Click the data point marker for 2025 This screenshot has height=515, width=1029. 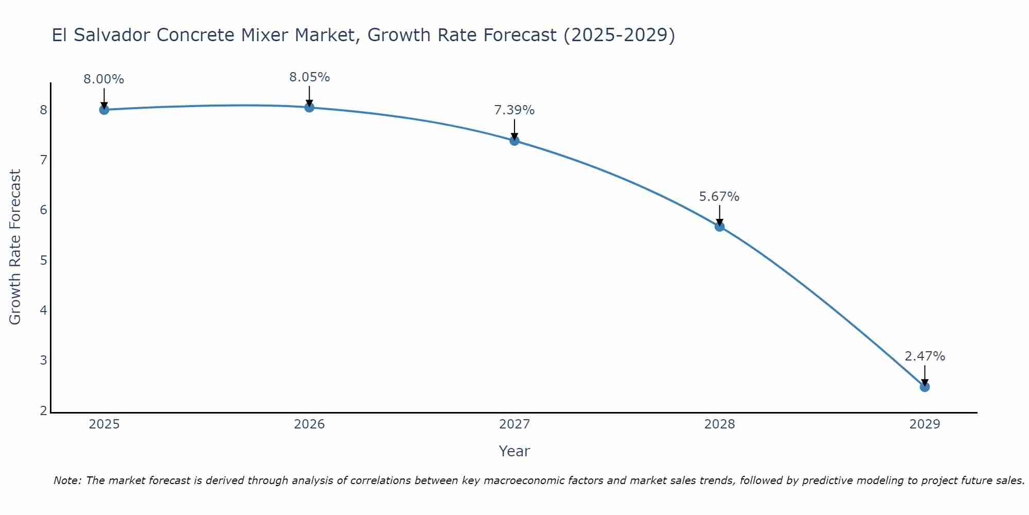[x=104, y=110]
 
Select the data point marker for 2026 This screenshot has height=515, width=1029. [x=309, y=107]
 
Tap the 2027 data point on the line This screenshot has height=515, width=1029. [x=514, y=141]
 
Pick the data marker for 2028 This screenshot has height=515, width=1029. [x=719, y=227]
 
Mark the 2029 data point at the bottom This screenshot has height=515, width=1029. [x=925, y=387]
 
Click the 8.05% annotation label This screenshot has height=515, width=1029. [x=309, y=77]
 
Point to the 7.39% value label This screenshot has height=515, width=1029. [x=514, y=110]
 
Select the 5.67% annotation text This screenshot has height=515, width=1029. [x=719, y=197]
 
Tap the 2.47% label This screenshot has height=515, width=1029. [x=925, y=356]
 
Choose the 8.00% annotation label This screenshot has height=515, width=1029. [x=104, y=79]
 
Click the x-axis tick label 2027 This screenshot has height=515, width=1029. [x=514, y=424]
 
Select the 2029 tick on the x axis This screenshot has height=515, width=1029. [x=925, y=424]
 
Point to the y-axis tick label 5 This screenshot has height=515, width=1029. [x=43, y=260]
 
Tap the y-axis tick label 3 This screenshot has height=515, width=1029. [x=43, y=360]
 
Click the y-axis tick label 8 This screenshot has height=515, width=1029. [x=43, y=110]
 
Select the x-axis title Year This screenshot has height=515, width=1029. [x=514, y=451]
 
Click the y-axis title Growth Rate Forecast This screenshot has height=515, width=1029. [x=15, y=247]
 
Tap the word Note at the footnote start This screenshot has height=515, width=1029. [x=67, y=480]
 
